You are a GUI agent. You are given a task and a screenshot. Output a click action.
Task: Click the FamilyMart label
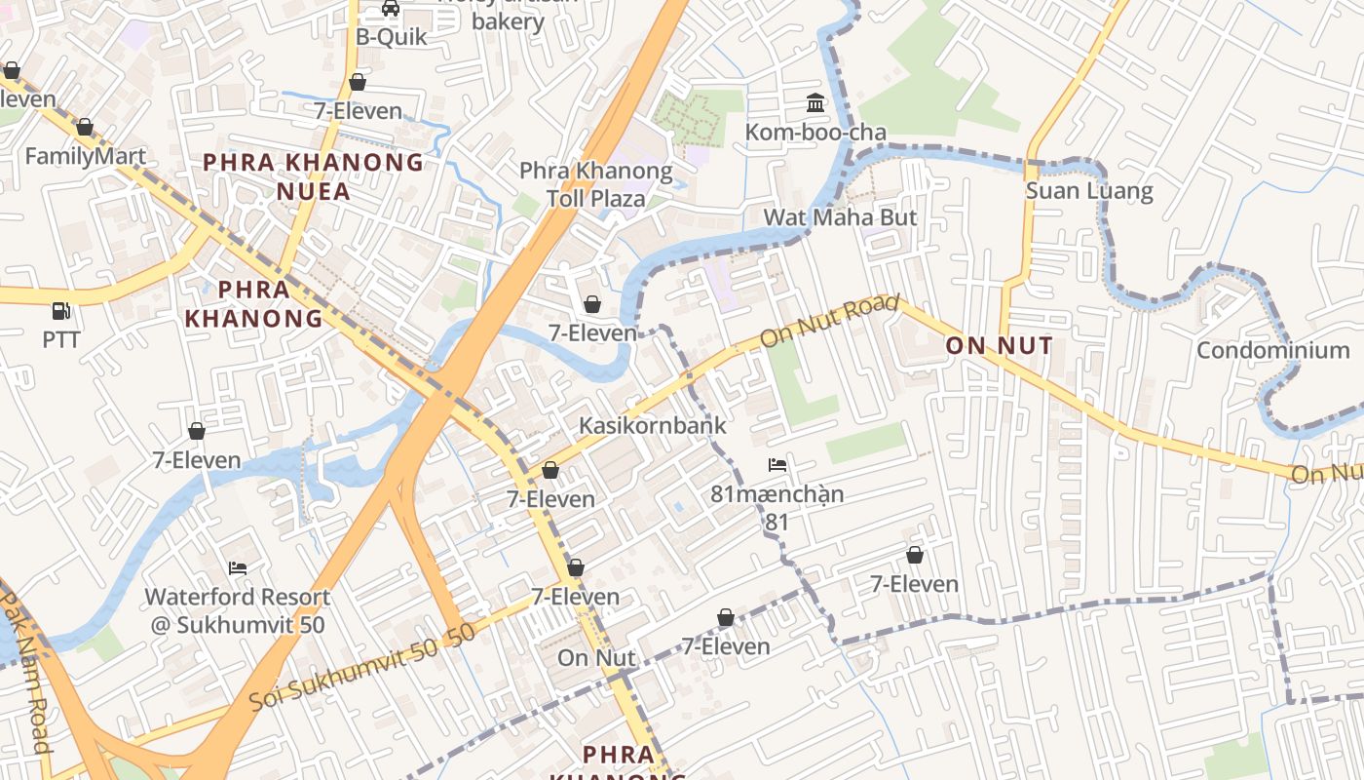85,156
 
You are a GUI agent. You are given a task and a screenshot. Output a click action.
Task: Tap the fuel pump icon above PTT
61,311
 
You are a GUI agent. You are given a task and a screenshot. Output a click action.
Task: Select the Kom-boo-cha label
815,132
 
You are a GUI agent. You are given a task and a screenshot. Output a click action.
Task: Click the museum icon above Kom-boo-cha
815,102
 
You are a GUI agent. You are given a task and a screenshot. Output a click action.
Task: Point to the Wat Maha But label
840,216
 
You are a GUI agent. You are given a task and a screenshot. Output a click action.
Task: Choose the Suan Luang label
1088,190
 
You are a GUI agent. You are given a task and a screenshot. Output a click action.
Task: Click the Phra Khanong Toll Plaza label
595,185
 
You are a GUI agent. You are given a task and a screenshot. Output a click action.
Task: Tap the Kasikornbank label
652,425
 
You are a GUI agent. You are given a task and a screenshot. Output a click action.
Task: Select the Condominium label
1272,350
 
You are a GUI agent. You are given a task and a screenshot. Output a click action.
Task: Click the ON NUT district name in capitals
999,345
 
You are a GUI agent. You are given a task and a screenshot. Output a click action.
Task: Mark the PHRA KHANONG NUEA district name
313,176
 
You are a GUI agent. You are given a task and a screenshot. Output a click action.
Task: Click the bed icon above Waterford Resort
238,567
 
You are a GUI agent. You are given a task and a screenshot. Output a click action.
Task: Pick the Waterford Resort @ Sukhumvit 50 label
238,610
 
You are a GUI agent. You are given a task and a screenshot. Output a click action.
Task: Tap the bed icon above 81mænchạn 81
777,465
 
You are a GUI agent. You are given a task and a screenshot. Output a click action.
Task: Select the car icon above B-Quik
391,8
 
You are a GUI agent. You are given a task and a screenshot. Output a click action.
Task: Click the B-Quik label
391,37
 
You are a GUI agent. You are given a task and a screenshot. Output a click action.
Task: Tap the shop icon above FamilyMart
85,127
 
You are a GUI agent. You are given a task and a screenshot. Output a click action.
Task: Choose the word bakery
508,21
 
